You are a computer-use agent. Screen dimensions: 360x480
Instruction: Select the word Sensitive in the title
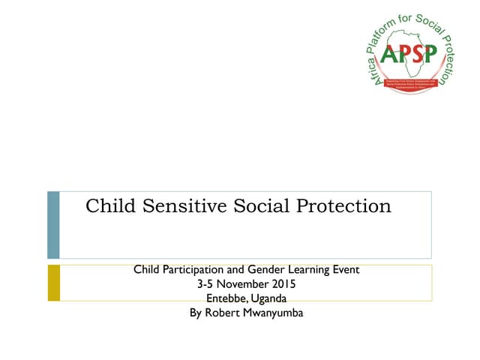click(170, 206)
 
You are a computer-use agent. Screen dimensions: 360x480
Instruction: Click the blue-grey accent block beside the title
click(53, 225)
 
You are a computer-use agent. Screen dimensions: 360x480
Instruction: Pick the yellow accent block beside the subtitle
click(53, 283)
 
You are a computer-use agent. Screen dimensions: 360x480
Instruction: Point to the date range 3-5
click(205, 284)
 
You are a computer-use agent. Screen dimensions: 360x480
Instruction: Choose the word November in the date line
click(241, 284)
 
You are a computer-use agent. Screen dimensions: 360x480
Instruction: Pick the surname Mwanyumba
click(273, 313)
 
